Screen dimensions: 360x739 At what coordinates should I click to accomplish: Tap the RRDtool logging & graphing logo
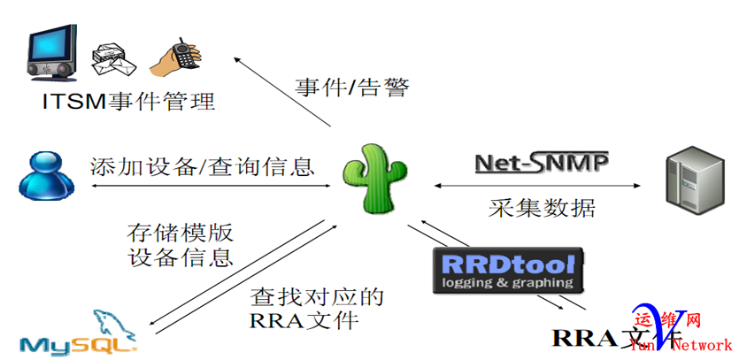[x=506, y=271]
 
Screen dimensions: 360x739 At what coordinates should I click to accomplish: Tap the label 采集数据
[x=542, y=208]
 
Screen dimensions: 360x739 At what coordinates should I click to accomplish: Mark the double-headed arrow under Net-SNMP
[x=538, y=186]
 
